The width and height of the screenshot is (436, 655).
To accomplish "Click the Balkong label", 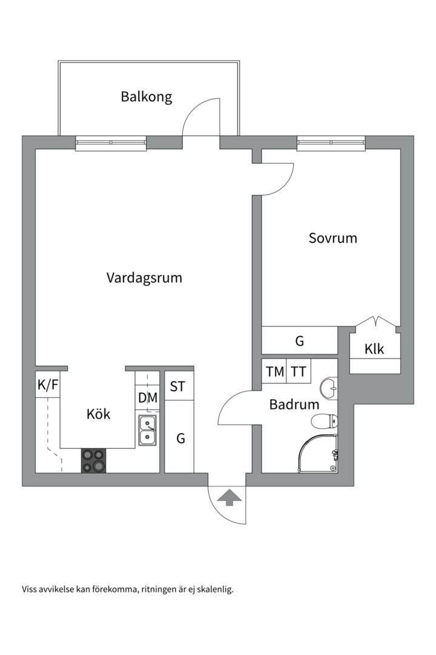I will (x=146, y=96).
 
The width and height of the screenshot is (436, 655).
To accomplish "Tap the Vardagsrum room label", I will (x=144, y=278).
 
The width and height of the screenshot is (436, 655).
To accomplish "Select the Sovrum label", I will (x=332, y=238).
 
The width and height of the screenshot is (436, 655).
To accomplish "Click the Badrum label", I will (x=294, y=405).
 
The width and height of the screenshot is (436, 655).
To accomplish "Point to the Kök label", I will (x=98, y=414).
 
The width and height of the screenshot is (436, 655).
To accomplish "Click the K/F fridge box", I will (x=48, y=385).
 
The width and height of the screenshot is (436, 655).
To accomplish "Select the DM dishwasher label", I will (x=148, y=398).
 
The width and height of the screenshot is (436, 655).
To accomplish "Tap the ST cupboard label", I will (x=177, y=386).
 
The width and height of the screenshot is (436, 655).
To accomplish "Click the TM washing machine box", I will (x=275, y=372).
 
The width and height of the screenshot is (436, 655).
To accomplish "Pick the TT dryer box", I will (x=299, y=372).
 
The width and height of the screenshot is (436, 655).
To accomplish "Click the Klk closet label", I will (x=374, y=349).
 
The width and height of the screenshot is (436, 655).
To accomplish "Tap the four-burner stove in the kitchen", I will (x=93, y=460).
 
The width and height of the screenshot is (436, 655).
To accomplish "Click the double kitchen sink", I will (x=147, y=430).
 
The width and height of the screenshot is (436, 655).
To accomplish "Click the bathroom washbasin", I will (x=328, y=387).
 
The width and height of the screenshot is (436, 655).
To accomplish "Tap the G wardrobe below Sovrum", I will (x=299, y=341).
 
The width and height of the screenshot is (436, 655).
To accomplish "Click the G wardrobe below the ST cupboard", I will (x=180, y=438).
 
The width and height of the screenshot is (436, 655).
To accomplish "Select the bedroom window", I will (x=331, y=143).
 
